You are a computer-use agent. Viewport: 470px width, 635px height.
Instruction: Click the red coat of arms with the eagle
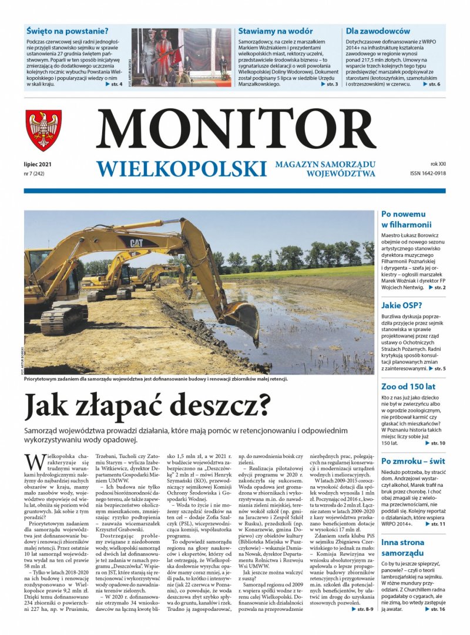[x=43, y=130]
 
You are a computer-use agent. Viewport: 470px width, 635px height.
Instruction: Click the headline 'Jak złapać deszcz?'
[x=147, y=405]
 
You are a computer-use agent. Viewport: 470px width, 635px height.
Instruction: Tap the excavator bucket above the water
[x=241, y=318]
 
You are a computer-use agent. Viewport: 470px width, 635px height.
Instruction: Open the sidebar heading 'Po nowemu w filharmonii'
[x=407, y=219]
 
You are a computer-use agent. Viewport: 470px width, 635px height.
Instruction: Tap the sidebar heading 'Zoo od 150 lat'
[x=408, y=386]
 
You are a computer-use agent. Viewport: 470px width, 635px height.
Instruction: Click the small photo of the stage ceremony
[x=180, y=57]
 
